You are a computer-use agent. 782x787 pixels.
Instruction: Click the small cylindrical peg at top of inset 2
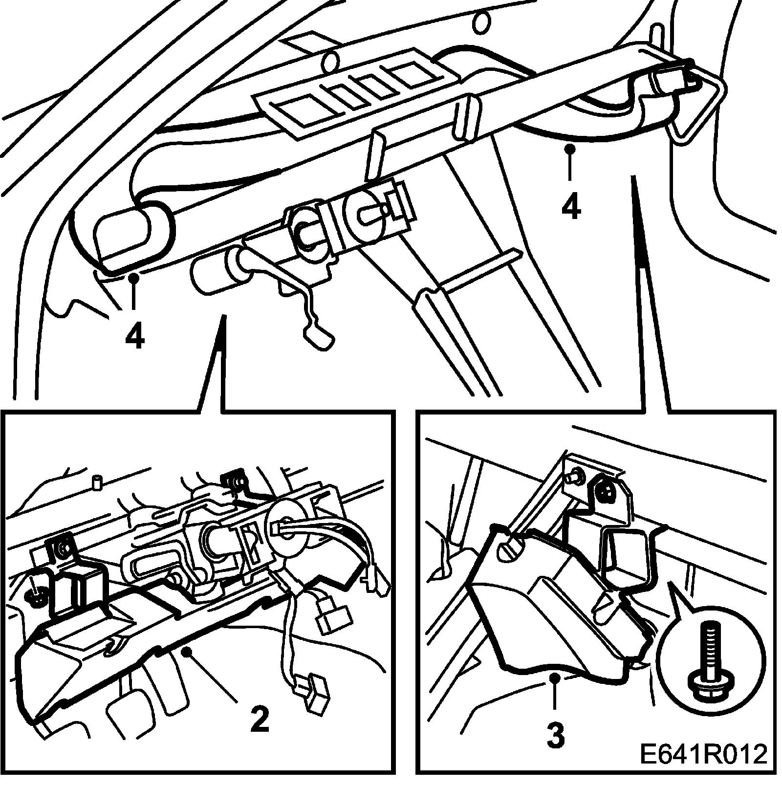(98, 481)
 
